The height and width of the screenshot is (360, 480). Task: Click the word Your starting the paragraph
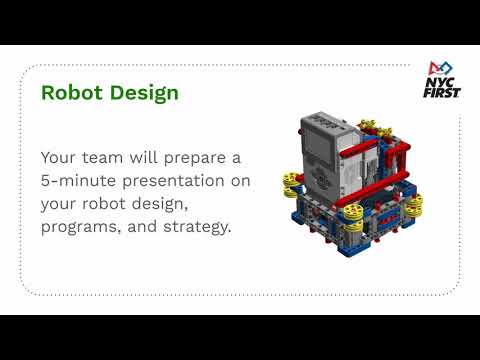pos(62,158)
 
